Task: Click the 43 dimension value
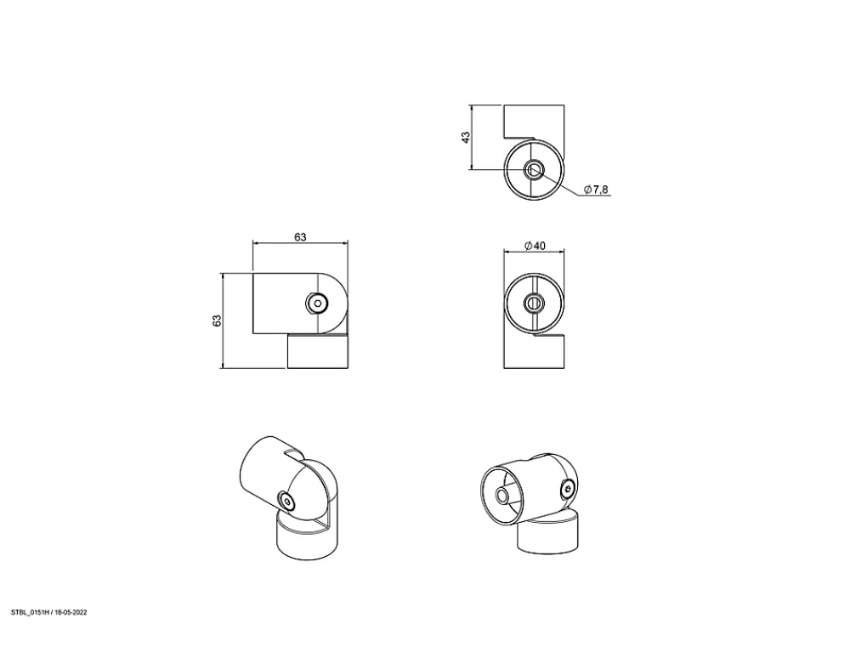point(466,137)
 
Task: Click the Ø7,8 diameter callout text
point(596,190)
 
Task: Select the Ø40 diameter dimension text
point(535,246)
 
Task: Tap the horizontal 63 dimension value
point(300,237)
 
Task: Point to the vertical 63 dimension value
point(217,320)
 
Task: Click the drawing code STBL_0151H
point(31,612)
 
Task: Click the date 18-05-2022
point(71,612)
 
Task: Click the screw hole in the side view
point(317,303)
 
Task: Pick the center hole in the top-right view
point(534,170)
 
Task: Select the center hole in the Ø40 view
point(534,303)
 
